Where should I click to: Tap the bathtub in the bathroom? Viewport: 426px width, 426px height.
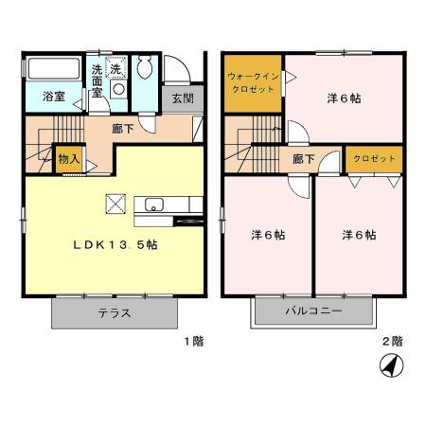[x=53, y=69]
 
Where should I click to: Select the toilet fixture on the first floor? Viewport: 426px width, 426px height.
[x=146, y=68]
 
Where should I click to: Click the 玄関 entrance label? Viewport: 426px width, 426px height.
[x=182, y=98]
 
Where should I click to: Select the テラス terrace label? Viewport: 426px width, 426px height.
[x=114, y=313]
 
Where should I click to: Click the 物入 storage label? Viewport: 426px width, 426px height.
[x=68, y=160]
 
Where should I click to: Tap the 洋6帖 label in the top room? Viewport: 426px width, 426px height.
[x=343, y=98]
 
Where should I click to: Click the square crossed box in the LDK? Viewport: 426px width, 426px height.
[x=115, y=204]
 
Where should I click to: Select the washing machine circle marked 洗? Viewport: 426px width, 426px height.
[x=115, y=69]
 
